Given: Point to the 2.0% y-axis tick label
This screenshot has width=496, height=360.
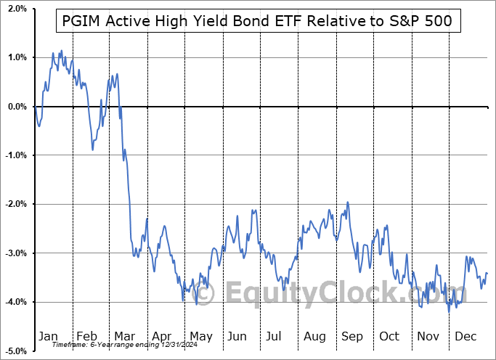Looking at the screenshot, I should (x=15, y=9).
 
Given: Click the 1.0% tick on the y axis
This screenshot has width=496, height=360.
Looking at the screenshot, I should (x=15, y=57).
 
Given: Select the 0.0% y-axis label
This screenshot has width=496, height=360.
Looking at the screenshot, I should (x=15, y=107).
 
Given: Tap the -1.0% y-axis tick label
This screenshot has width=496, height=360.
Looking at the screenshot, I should (x=14, y=155).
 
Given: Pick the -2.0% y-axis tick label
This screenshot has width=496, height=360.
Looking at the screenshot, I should (x=14, y=204).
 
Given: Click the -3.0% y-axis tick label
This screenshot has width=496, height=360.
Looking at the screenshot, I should (x=14, y=253).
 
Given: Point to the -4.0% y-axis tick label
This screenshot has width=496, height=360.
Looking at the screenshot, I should (x=14, y=302).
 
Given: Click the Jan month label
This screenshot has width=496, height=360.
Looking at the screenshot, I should (x=49, y=336).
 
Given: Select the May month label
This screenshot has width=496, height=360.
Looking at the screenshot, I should (x=201, y=336).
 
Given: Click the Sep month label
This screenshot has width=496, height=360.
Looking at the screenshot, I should (x=352, y=336).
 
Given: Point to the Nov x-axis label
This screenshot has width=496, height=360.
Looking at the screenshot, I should (x=429, y=336).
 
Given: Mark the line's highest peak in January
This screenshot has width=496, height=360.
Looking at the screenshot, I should (x=61, y=50).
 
